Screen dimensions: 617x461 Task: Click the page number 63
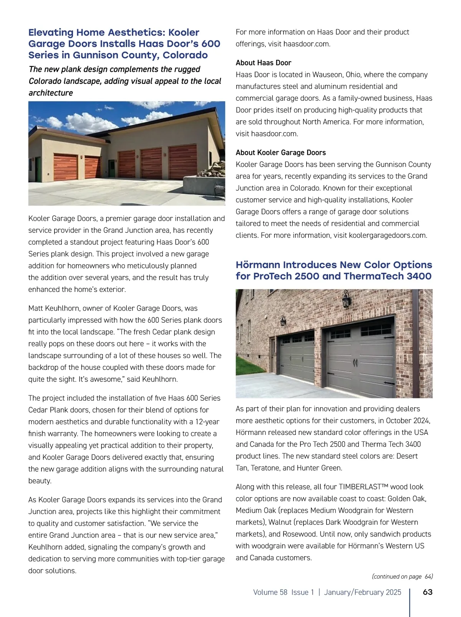tap(427, 592)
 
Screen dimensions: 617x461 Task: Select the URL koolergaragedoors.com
tap(388, 235)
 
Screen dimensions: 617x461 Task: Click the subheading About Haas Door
tap(263, 63)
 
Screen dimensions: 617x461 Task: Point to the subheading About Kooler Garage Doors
tap(280, 153)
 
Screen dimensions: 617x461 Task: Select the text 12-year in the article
tap(207, 422)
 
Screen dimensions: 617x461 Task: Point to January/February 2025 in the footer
tap(362, 592)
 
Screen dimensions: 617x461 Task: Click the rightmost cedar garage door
tap(183, 162)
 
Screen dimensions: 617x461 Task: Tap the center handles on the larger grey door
tap(355, 363)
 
